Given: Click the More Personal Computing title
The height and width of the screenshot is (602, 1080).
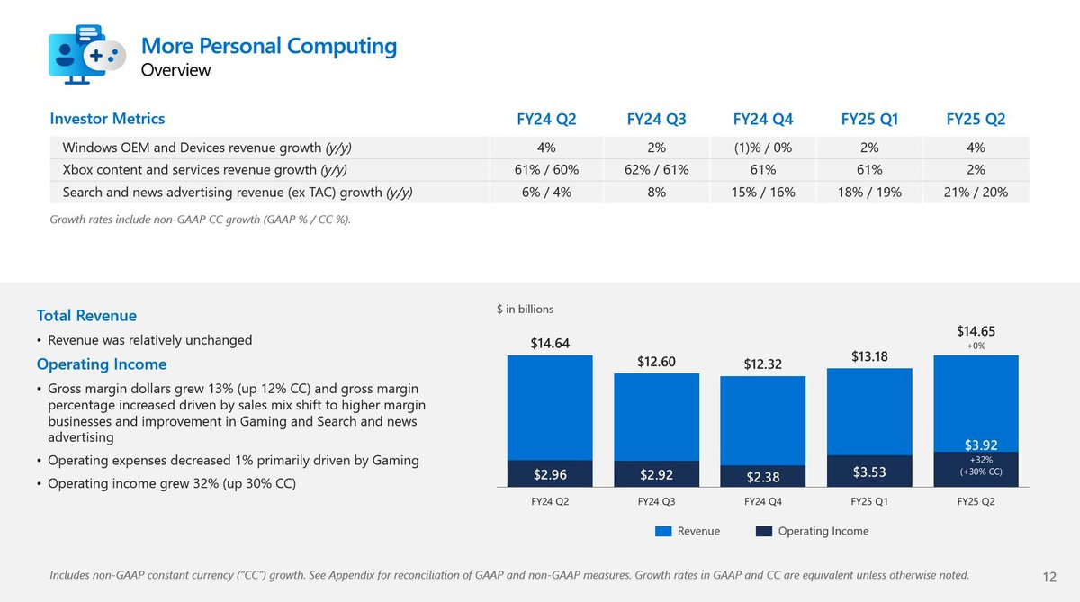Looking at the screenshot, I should pyautogui.click(x=268, y=45).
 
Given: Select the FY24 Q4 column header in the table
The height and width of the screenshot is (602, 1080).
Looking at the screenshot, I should pyautogui.click(x=763, y=119).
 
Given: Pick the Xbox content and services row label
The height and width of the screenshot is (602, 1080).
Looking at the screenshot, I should pyautogui.click(x=204, y=170).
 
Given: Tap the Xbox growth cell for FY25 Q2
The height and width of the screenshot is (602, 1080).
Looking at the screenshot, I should pyautogui.click(x=976, y=170).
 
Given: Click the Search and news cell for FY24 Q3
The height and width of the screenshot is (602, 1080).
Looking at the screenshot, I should pyautogui.click(x=657, y=192).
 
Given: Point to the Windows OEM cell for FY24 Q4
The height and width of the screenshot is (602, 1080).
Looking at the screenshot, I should pyautogui.click(x=763, y=148).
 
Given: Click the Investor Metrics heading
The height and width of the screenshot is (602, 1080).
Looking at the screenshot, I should pyautogui.click(x=108, y=119).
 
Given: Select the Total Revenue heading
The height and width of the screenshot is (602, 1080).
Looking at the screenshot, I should pyautogui.click(x=86, y=316).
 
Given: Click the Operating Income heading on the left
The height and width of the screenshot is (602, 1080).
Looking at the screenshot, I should pyautogui.click(x=102, y=364).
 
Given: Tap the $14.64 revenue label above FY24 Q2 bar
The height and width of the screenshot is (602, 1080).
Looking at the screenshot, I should pyautogui.click(x=550, y=343).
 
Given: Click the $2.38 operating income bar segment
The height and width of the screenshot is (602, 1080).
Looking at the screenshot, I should pyautogui.click(x=763, y=475).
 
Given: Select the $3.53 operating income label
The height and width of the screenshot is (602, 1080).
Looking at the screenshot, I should pyautogui.click(x=869, y=472).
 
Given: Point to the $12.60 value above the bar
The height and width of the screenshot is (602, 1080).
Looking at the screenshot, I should pyautogui.click(x=657, y=361).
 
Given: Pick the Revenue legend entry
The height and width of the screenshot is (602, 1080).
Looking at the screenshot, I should pyautogui.click(x=688, y=531).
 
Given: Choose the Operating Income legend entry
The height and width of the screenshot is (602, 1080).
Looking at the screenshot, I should pyautogui.click(x=814, y=531).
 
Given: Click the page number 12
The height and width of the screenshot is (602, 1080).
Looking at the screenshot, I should pyautogui.click(x=1048, y=577).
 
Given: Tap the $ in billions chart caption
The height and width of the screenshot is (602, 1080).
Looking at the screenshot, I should pyautogui.click(x=526, y=310).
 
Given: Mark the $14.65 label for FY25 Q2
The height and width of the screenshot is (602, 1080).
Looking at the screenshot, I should pyautogui.click(x=976, y=331).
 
